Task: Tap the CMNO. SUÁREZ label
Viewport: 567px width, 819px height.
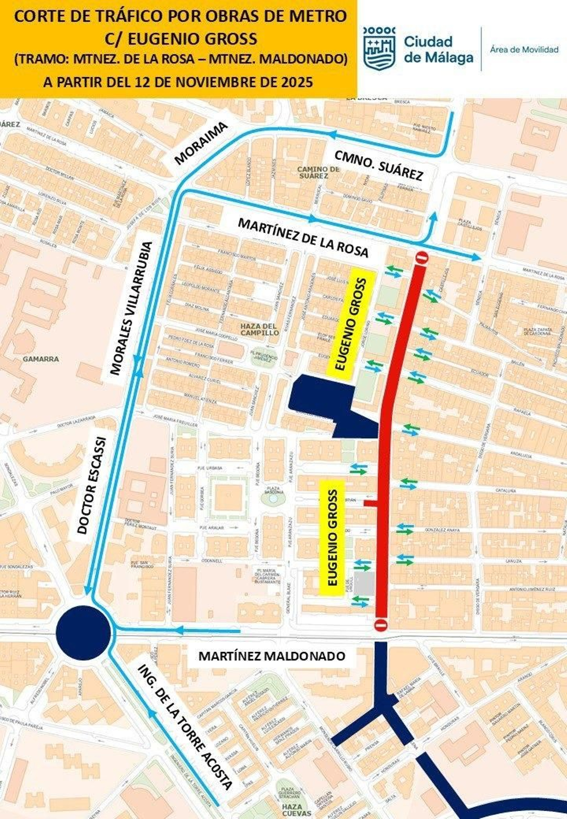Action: pyautogui.click(x=379, y=165)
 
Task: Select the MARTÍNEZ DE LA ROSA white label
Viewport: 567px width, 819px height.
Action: pyautogui.click(x=303, y=238)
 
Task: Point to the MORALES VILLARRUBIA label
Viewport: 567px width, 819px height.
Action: pyautogui.click(x=131, y=308)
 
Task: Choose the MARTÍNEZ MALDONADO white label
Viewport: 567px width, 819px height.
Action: pyautogui.click(x=272, y=656)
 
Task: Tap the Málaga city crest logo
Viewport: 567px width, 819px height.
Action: pyautogui.click(x=379, y=48)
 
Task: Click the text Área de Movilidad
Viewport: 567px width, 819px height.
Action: pyautogui.click(x=524, y=50)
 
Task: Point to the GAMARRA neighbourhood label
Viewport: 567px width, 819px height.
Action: pyautogui.click(x=41, y=359)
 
